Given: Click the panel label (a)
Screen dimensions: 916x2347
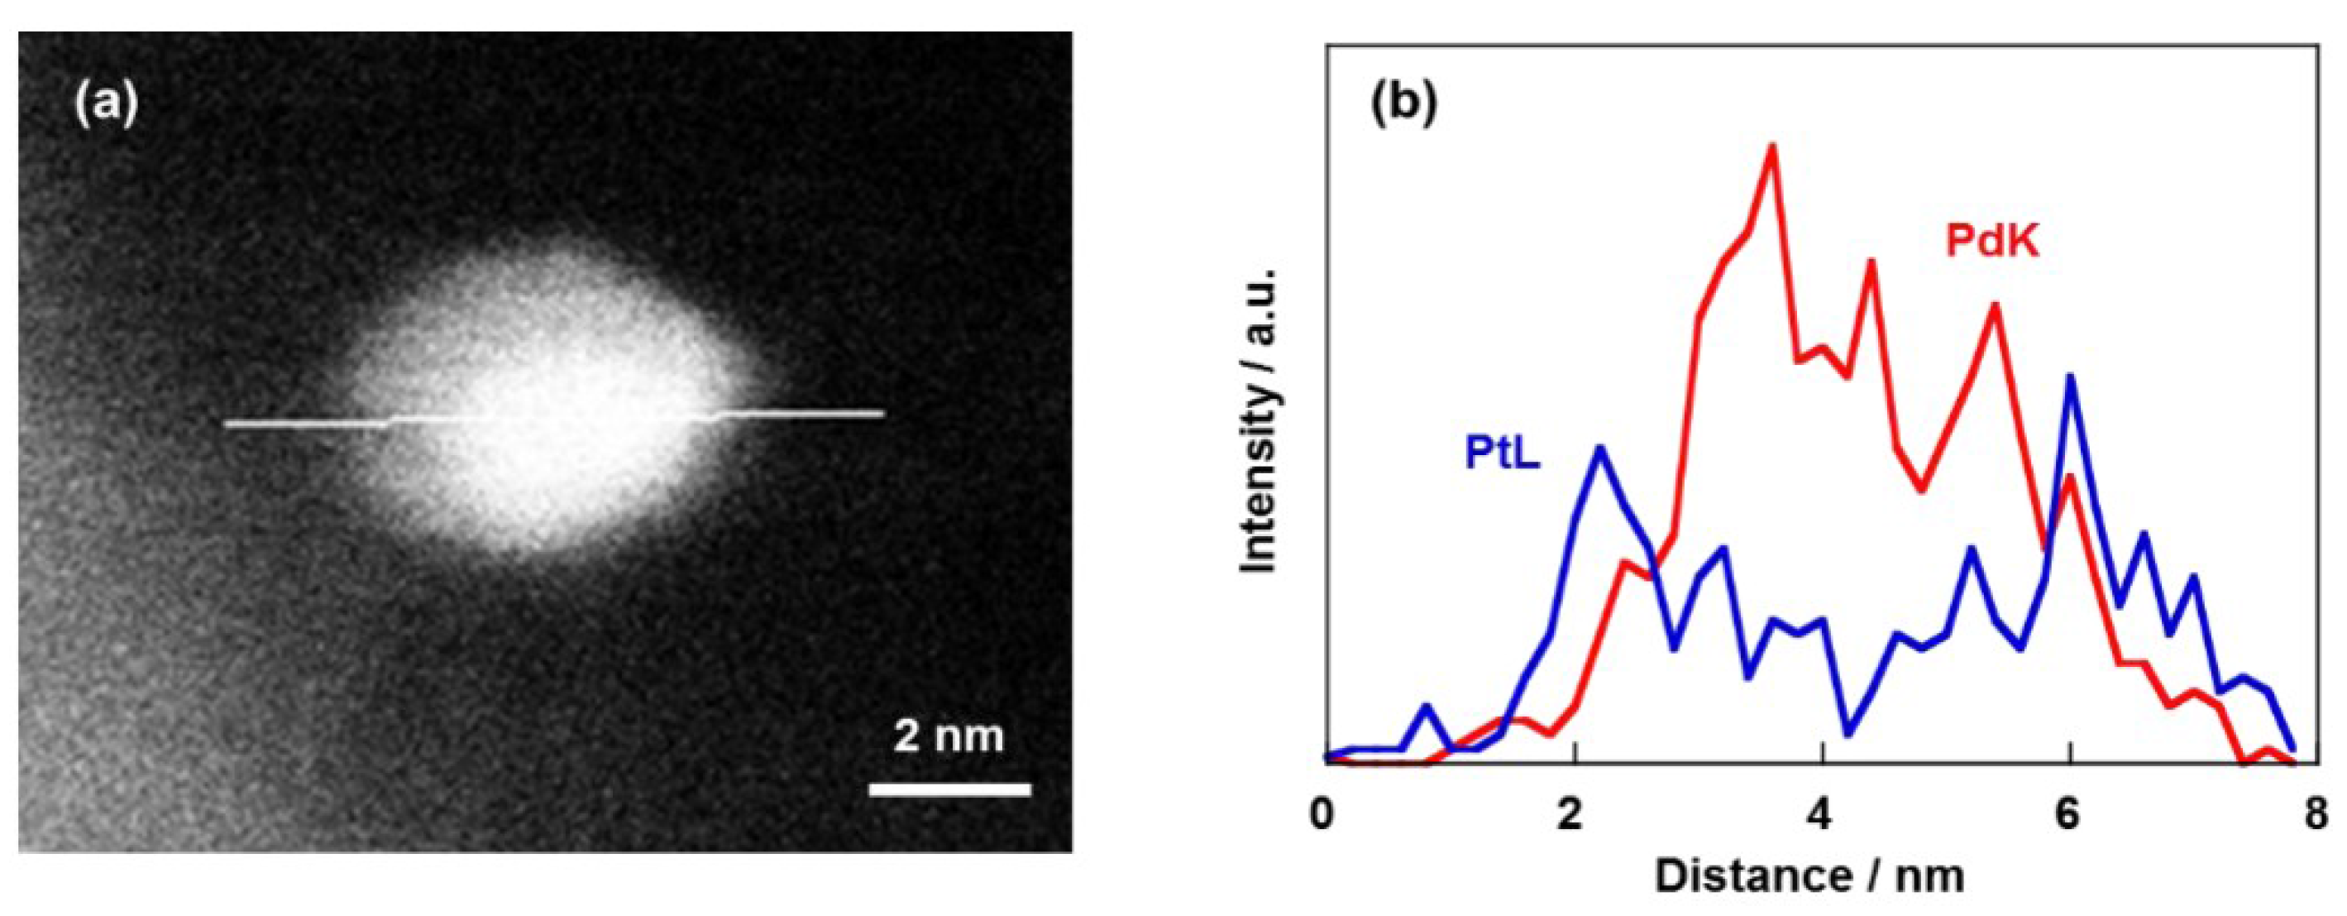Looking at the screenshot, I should pos(107,103).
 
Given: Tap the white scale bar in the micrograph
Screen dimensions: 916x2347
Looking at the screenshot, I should pos(949,789).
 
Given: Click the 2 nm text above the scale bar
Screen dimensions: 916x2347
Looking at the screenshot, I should pos(948,735).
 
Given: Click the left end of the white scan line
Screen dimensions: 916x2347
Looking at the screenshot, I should pos(227,423).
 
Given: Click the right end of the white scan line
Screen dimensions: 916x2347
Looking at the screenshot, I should pos(881,414).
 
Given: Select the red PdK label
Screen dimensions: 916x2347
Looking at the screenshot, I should pos(1991,242).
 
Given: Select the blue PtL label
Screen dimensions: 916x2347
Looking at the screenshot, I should pos(1503,453).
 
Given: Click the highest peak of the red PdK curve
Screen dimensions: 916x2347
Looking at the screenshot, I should pos(1772,146).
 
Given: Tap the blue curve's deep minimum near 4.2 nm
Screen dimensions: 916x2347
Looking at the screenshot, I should pos(1847,735).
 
